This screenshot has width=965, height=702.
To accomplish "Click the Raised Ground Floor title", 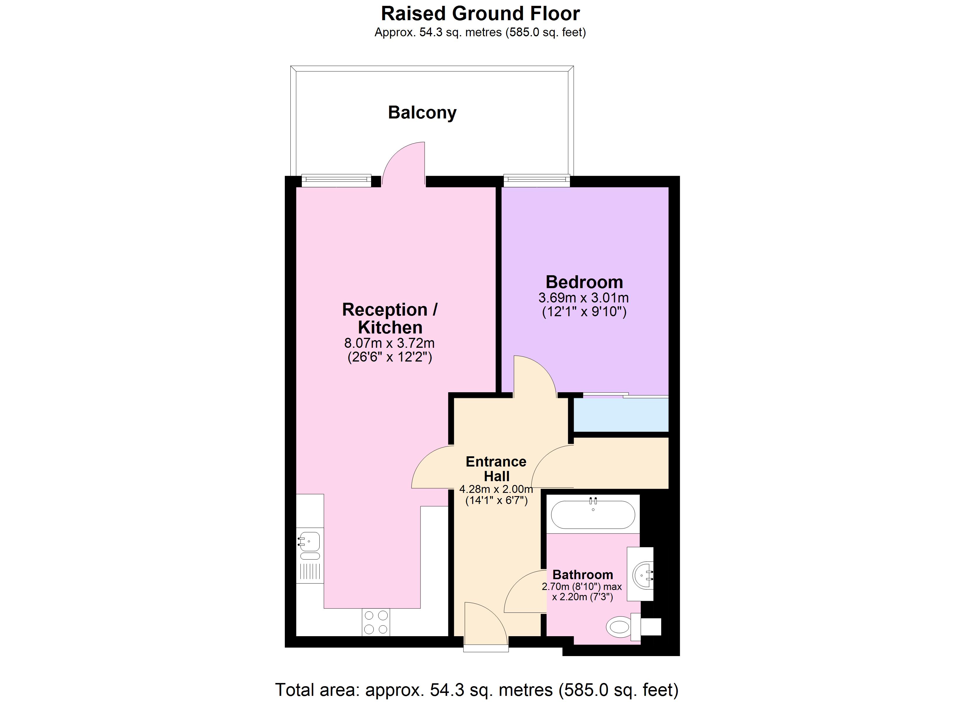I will pyautogui.click(x=480, y=14).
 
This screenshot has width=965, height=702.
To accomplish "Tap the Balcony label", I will pyautogui.click(x=422, y=112).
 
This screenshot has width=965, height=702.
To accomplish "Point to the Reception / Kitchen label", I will pyautogui.click(x=390, y=319).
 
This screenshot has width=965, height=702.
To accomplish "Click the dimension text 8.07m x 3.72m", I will pyautogui.click(x=389, y=343).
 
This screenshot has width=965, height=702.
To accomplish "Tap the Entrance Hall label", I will pyautogui.click(x=496, y=469).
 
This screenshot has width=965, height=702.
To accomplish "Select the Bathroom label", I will pyautogui.click(x=583, y=575).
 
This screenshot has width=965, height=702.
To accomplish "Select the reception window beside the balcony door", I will pyautogui.click(x=336, y=180).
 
